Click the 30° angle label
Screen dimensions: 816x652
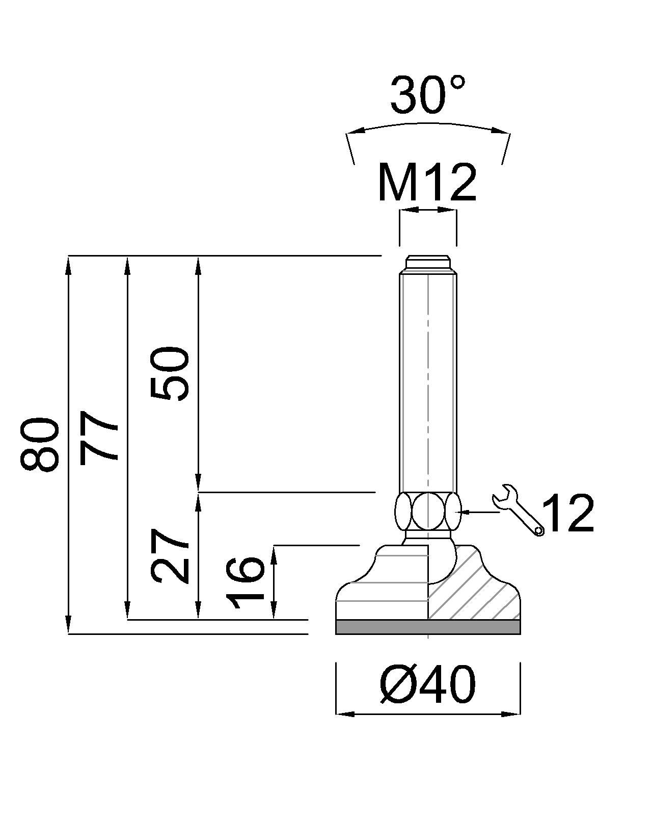pos(427,95)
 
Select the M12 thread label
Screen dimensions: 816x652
pos(427,183)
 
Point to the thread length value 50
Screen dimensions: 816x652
pos(170,374)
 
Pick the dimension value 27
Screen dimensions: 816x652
pos(170,556)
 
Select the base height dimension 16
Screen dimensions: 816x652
pos(247,583)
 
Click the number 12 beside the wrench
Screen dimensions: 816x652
pos(568,514)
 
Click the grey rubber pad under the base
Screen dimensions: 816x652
pos(428,627)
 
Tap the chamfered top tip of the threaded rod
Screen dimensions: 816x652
pos(428,263)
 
